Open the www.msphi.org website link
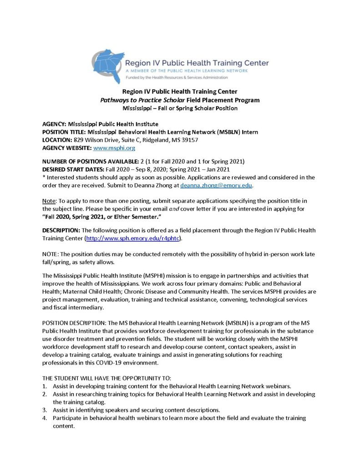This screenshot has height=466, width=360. [x=114, y=148]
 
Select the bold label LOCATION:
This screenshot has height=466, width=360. [x=57, y=140]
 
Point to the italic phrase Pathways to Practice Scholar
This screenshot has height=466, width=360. [x=142, y=100]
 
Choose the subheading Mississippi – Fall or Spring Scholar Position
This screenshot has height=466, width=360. [x=180, y=108]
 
